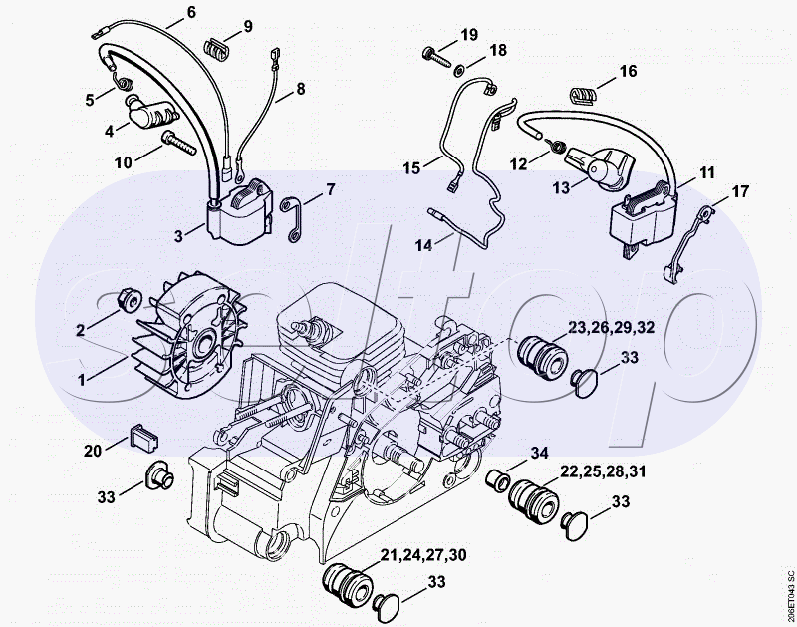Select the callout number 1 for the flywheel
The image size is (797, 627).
pos(82,380)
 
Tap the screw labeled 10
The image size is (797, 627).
pos(178,142)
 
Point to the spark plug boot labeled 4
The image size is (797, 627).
pos(150,113)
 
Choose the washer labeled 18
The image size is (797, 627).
pos(460,69)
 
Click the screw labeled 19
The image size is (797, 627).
pos(436,56)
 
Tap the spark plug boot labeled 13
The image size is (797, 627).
pos(600,166)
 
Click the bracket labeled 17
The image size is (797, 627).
pos(688,241)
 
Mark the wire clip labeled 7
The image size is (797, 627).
pos(293,219)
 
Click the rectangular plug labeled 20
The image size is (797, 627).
pos(144,436)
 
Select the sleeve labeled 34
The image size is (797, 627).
pos(496,480)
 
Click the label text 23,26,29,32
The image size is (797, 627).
pos(611,327)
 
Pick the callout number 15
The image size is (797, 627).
pos(411,167)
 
